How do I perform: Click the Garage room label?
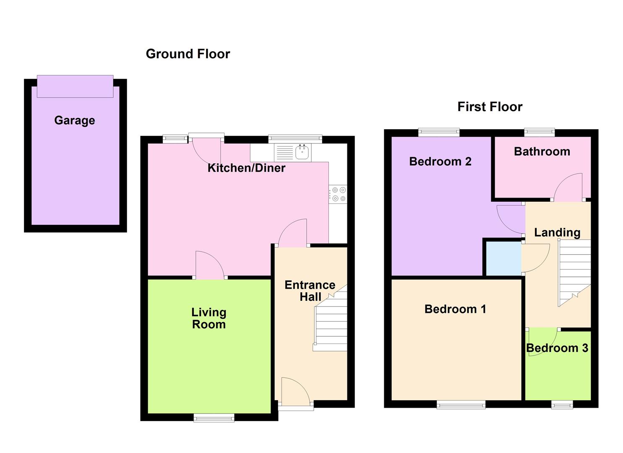click(75, 120)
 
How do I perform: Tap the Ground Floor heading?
click(188, 54)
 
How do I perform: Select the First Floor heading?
click(490, 107)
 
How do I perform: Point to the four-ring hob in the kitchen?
click(338, 194)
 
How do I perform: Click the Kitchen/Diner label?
click(246, 168)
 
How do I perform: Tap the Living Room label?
click(209, 318)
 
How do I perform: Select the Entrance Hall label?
click(310, 291)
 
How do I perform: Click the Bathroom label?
click(542, 151)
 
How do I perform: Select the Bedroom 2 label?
click(440, 161)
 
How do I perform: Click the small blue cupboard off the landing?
click(503, 258)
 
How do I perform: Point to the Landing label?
click(557, 232)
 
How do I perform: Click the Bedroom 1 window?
click(461, 404)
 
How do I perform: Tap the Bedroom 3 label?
click(557, 348)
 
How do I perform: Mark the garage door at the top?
click(75, 86)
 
